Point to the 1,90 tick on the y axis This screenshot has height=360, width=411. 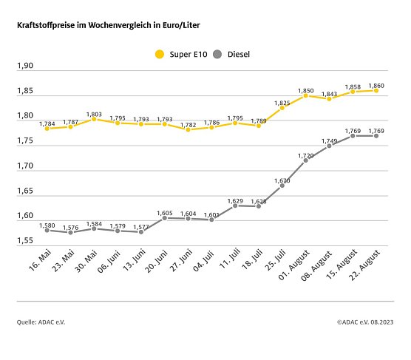(25, 67)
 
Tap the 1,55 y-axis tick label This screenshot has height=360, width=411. (25, 241)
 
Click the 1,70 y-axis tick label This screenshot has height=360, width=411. (25, 166)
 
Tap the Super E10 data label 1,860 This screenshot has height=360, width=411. (376, 84)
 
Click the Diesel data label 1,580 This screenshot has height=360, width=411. (47, 224)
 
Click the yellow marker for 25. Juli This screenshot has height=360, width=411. (282, 108)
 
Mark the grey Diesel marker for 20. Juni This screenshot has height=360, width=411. (164, 218)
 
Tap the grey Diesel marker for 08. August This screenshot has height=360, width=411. (329, 146)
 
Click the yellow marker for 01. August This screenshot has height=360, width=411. (305, 95)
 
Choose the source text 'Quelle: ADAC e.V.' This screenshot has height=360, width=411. (43, 322)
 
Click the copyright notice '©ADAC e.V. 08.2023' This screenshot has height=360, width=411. (366, 322)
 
